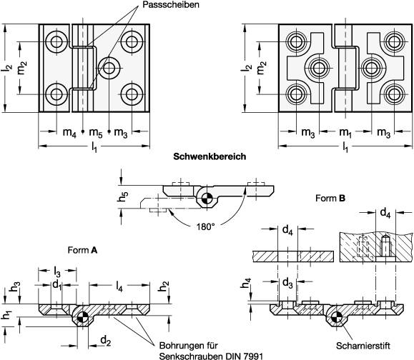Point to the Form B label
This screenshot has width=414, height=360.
pyautogui.click(x=330, y=199)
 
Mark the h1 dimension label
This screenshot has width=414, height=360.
pyautogui.click(x=7, y=315)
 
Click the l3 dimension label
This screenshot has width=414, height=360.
pyautogui.click(x=58, y=271)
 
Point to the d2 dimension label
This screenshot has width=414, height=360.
pyautogui.click(x=105, y=339)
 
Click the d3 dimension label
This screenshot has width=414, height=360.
pyautogui.click(x=286, y=283)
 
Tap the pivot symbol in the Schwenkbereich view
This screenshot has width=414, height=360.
pyautogui.click(x=207, y=199)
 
